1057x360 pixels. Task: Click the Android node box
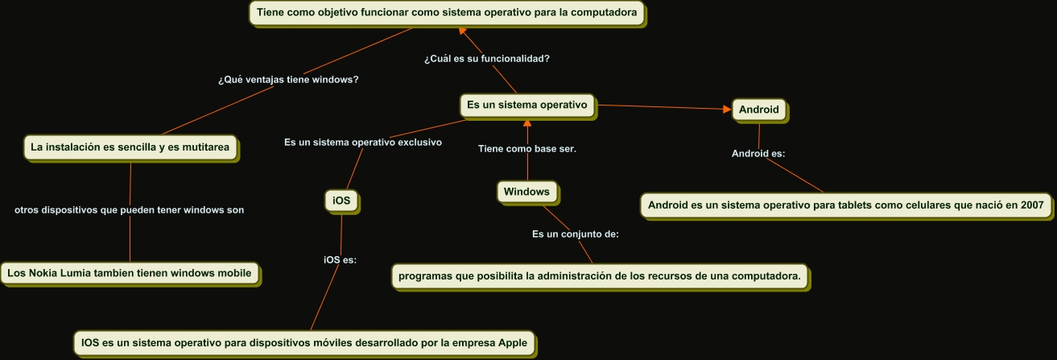pyautogui.click(x=759, y=110)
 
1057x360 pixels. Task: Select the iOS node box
pyautogui.click(x=341, y=201)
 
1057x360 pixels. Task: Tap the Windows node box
pyautogui.click(x=527, y=192)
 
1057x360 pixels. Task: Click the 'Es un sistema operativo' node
pyautogui.click(x=528, y=105)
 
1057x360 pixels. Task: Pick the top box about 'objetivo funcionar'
pyautogui.click(x=448, y=13)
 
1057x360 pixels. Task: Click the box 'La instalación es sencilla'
pyautogui.click(x=130, y=147)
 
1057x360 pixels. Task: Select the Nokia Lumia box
pyautogui.click(x=130, y=273)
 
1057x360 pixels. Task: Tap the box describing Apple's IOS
pyautogui.click(x=304, y=343)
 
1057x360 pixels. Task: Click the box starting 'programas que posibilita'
pyautogui.click(x=600, y=276)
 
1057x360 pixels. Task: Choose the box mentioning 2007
pyautogui.click(x=845, y=205)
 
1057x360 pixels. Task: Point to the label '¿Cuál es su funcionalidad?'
pyautogui.click(x=487, y=58)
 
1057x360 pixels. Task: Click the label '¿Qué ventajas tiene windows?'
pyautogui.click(x=288, y=80)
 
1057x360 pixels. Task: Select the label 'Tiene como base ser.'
pyautogui.click(x=527, y=148)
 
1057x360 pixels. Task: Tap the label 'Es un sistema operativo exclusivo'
pyautogui.click(x=363, y=142)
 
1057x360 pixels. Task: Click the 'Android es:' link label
pyautogui.click(x=758, y=153)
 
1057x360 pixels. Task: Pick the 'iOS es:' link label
pyautogui.click(x=340, y=259)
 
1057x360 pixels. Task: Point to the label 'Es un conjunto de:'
pyautogui.click(x=575, y=234)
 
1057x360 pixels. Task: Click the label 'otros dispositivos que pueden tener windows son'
pyautogui.click(x=130, y=209)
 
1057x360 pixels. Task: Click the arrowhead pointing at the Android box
pyautogui.click(x=725, y=109)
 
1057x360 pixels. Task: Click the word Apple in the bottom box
pyautogui.click(x=513, y=343)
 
